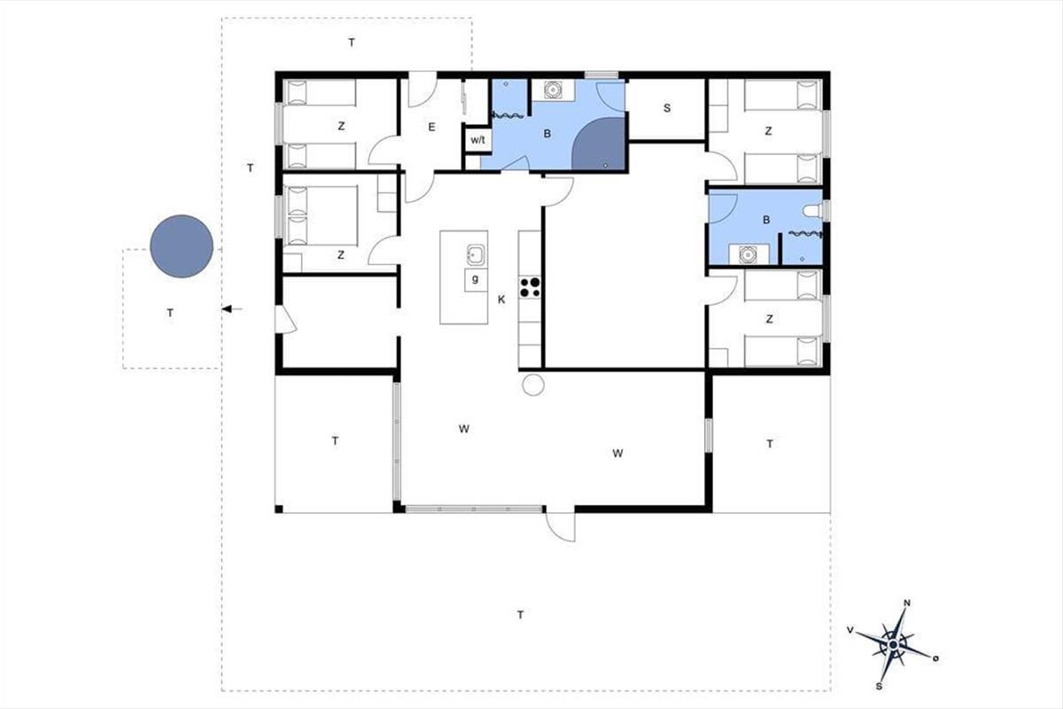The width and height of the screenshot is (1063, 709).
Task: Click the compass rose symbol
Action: (893, 645)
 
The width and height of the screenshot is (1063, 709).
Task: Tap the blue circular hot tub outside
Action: (182, 246)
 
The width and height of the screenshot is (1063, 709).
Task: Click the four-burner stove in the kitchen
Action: (530, 287)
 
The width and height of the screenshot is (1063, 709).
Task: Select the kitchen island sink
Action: (475, 255)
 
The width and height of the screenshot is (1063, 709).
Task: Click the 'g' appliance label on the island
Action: (475, 279)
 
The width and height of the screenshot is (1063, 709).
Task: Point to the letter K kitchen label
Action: (501, 300)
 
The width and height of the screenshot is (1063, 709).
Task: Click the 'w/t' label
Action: (477, 140)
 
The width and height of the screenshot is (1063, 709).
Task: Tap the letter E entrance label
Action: (431, 127)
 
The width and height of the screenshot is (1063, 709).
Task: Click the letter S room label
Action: (667, 108)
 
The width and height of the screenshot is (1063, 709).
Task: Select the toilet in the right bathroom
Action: (812, 211)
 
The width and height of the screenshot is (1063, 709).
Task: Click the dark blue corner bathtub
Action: (599, 144)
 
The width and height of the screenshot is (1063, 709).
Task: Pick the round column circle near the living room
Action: (533, 384)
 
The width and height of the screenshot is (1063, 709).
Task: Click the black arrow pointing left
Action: (232, 309)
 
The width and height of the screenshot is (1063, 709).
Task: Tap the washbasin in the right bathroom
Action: (748, 254)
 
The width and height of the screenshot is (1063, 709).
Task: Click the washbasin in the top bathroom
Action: (553, 90)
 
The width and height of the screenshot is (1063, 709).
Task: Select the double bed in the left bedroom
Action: (321, 215)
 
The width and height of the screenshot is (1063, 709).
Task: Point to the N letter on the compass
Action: (907, 604)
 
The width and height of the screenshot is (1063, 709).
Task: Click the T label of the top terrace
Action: (351, 43)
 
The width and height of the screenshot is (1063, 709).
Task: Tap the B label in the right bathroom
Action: (766, 220)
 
